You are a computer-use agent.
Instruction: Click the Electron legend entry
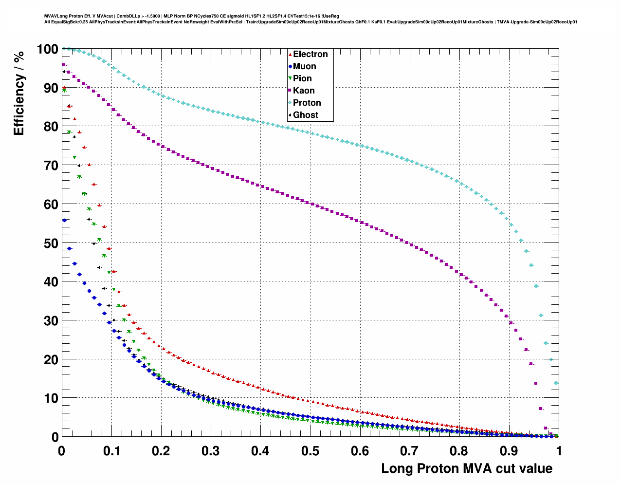click(x=310, y=54)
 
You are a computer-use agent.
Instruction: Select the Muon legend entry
click(x=304, y=66)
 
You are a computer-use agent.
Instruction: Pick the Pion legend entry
click(x=302, y=78)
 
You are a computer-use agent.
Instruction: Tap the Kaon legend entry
click(x=304, y=91)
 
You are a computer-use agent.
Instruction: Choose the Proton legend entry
click(x=307, y=103)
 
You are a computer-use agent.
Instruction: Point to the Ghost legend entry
click(x=305, y=115)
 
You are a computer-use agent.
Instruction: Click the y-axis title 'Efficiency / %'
click(x=18, y=93)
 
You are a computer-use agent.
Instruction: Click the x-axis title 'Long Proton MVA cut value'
click(x=467, y=468)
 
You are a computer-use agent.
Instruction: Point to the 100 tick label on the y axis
click(x=47, y=49)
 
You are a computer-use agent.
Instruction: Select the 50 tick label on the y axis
click(x=51, y=243)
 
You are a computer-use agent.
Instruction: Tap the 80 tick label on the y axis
click(x=51, y=127)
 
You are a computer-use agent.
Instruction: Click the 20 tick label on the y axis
click(x=51, y=359)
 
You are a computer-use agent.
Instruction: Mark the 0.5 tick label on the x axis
click(x=310, y=451)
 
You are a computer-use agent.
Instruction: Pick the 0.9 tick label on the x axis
click(x=509, y=451)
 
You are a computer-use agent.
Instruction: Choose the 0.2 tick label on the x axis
click(x=161, y=451)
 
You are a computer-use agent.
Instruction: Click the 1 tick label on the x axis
click(x=559, y=451)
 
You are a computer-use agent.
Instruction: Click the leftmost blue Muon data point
click(x=64, y=220)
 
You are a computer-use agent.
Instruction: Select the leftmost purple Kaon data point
click(x=63, y=65)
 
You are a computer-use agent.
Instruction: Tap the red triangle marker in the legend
click(x=290, y=54)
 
